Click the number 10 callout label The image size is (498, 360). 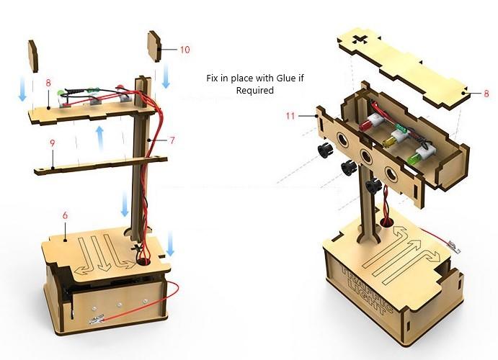pos(185,50)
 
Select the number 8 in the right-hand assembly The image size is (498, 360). pos(486,94)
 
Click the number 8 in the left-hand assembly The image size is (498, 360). pos(48,83)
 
